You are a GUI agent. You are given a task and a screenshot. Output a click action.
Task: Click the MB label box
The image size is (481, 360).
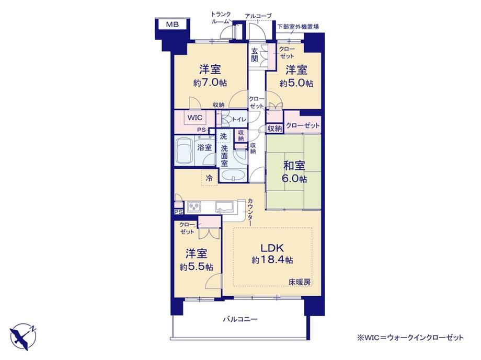point(173,25)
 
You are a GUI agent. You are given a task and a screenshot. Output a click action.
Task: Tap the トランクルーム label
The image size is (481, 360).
point(221,18)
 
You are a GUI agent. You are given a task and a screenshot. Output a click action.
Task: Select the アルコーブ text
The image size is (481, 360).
point(258,16)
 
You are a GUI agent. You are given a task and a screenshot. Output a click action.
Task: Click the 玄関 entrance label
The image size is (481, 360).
point(255,55)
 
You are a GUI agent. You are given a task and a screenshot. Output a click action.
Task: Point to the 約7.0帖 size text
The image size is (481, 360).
point(210,83)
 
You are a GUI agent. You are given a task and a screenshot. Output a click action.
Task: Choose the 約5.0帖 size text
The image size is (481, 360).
point(296,83)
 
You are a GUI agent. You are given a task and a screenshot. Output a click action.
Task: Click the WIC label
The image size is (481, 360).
point(195,118)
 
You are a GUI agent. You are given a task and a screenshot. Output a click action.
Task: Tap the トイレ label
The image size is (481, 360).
point(239,120)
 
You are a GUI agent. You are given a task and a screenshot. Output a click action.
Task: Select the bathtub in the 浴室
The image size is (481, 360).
point(185,151)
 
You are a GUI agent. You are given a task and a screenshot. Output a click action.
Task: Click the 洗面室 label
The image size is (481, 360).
point(224,156)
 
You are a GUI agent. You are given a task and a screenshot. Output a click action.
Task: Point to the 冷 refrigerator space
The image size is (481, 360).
point(209,178)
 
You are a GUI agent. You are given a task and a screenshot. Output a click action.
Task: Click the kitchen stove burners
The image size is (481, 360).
point(194,207)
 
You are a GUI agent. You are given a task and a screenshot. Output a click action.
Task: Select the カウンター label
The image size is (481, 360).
point(250,212)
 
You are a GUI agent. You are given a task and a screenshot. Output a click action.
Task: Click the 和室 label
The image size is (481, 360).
point(294,166)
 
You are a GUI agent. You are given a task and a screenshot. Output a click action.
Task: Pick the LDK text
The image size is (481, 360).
point(272,248)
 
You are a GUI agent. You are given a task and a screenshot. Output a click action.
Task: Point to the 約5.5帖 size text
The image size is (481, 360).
point(197,267)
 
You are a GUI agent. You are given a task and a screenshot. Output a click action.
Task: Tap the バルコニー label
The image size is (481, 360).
point(240,319)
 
